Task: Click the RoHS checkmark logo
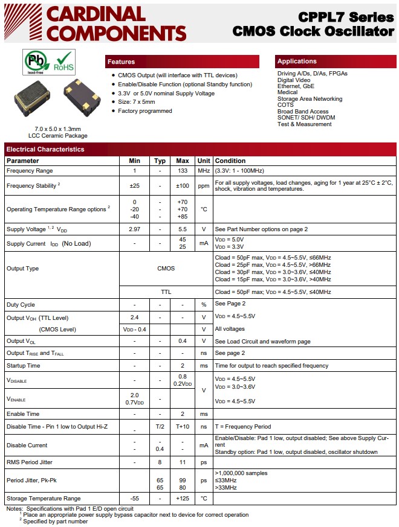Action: click(63, 61)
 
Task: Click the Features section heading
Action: click(121, 62)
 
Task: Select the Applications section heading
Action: click(296, 61)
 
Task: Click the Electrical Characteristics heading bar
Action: click(45, 149)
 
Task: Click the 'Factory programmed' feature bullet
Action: click(145, 111)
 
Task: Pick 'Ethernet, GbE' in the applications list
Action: click(296, 86)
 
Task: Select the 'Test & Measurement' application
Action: click(304, 124)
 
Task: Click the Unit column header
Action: click(204, 161)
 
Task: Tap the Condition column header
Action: click(230, 161)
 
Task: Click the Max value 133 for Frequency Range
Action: click(183, 171)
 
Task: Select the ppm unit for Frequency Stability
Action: click(204, 186)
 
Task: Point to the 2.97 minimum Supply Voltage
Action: click(134, 229)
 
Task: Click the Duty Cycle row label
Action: click(21, 305)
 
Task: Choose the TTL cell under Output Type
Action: click(166, 292)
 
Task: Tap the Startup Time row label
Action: click(24, 366)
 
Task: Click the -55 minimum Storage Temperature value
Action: click(134, 499)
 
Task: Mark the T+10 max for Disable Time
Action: click(183, 427)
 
